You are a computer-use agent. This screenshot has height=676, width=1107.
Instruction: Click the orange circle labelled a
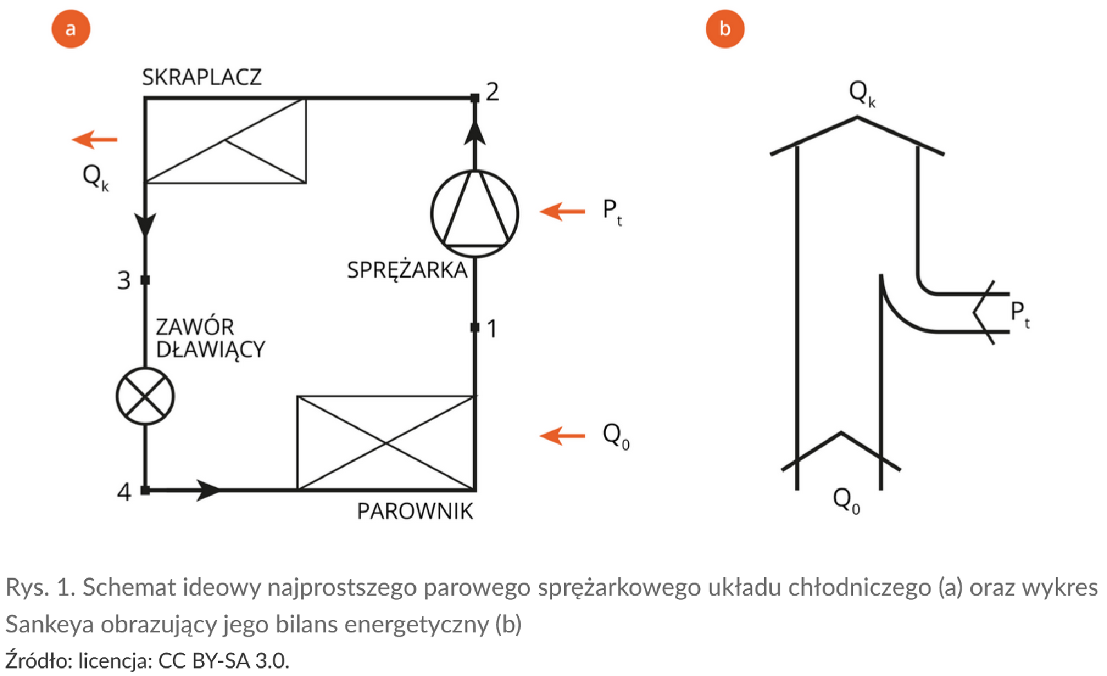pyautogui.click(x=71, y=29)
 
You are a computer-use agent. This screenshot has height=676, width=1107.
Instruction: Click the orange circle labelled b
pyautogui.click(x=724, y=29)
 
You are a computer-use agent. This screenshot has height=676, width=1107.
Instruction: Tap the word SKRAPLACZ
pyautogui.click(x=201, y=77)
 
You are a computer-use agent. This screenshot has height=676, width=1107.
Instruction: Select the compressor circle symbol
pyautogui.click(x=475, y=213)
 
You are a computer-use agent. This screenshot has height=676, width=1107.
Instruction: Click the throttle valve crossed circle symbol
pyautogui.click(x=145, y=396)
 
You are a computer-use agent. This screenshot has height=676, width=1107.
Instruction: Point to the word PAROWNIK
pyautogui.click(x=415, y=511)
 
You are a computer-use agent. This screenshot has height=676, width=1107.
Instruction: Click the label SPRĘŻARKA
pyautogui.click(x=407, y=270)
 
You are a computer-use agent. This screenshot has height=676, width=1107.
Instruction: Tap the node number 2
pyautogui.click(x=493, y=92)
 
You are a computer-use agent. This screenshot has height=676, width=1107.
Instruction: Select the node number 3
pyautogui.click(x=124, y=280)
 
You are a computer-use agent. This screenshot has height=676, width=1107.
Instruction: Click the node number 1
pyautogui.click(x=492, y=328)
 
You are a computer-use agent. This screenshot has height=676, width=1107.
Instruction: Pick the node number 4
pyautogui.click(x=124, y=491)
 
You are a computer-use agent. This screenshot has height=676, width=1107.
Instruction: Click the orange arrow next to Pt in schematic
pyautogui.click(x=562, y=210)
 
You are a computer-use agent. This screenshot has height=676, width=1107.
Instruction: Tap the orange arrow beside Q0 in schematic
pyautogui.click(x=562, y=435)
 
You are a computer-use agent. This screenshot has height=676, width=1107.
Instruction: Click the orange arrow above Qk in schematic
pyautogui.click(x=95, y=140)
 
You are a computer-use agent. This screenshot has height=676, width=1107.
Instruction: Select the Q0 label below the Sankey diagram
pyautogui.click(x=846, y=499)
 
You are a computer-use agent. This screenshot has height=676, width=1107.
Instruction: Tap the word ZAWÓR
pyautogui.click(x=194, y=327)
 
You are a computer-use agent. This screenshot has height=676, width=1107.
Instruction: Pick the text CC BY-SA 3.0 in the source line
pyautogui.click(x=223, y=661)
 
